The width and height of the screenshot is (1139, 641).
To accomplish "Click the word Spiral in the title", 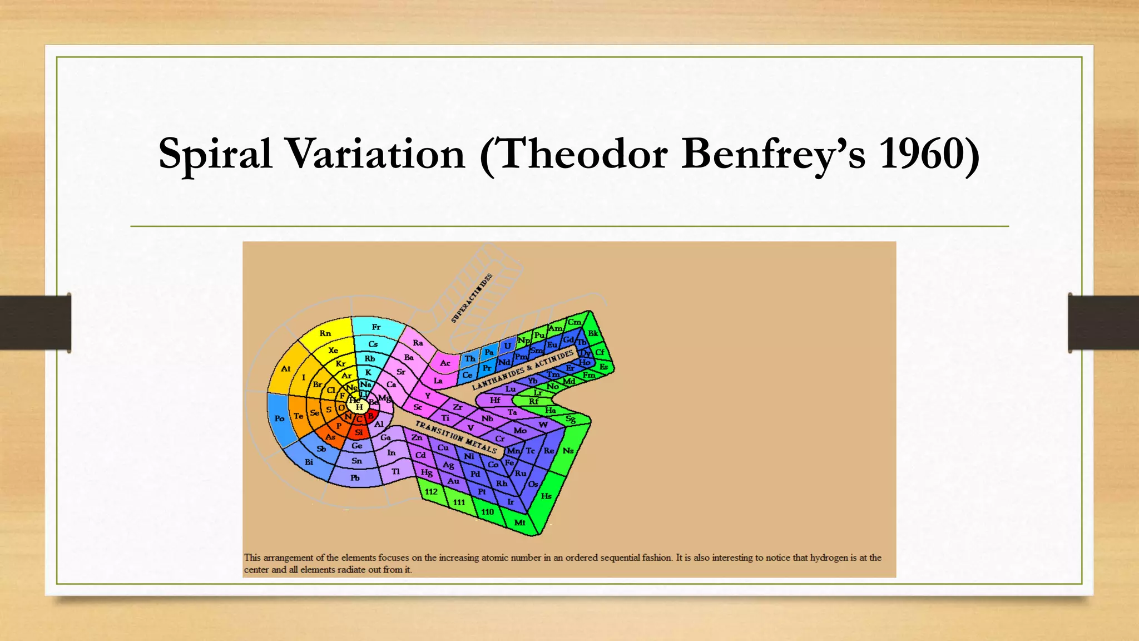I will (x=215, y=154).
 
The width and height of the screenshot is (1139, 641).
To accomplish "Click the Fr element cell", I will (x=377, y=327).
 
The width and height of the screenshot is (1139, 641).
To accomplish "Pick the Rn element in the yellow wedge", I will (x=325, y=334).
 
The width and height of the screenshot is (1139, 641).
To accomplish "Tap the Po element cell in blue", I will (x=279, y=418).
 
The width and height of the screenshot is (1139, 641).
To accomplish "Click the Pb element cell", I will (x=355, y=478).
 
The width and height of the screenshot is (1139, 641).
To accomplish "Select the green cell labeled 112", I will (x=431, y=492).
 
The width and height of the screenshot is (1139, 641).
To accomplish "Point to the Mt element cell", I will (x=519, y=522).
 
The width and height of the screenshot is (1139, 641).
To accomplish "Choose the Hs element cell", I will (x=546, y=496).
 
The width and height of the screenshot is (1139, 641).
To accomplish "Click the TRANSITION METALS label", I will (x=456, y=437).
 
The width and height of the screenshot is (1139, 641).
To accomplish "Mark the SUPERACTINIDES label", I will (x=472, y=298).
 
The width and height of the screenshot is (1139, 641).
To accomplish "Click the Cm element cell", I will (x=575, y=322).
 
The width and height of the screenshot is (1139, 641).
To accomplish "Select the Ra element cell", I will (x=418, y=343).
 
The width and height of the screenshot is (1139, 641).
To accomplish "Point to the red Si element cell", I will (x=359, y=432).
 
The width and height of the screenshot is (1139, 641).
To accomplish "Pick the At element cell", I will (x=286, y=368).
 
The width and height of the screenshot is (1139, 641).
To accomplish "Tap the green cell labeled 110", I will (x=488, y=512).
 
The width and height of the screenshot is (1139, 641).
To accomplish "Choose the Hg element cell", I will (x=427, y=472).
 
